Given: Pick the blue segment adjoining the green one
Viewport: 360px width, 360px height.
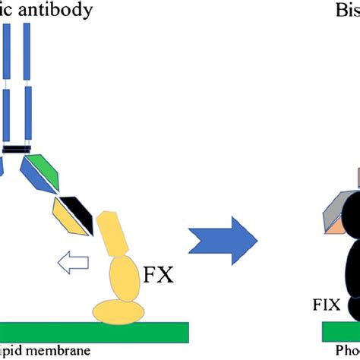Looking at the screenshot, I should point(32,172).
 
